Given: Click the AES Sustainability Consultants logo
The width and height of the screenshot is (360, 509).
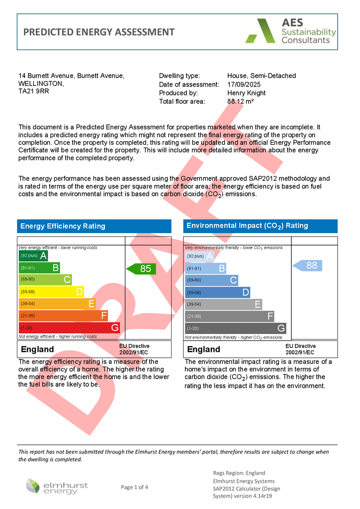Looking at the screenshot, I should [x=291, y=32].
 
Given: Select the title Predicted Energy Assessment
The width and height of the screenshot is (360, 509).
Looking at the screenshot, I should [x=99, y=32].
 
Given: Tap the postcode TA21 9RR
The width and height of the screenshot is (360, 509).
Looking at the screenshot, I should [x=34, y=91].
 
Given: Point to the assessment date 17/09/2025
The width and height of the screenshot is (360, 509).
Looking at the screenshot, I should [x=244, y=85].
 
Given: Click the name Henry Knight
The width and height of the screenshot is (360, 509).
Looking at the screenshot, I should [x=246, y=93].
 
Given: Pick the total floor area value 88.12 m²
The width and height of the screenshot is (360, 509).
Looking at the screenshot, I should [x=241, y=101].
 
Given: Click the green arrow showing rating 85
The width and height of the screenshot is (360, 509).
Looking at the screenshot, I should [x=141, y=269].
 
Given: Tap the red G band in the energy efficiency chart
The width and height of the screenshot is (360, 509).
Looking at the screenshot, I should [x=69, y=328].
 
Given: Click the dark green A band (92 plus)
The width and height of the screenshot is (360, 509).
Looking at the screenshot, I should [x=33, y=256].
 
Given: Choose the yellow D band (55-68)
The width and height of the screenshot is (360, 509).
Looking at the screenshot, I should [x=51, y=292].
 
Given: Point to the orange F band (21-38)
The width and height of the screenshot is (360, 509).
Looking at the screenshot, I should [x=63, y=316].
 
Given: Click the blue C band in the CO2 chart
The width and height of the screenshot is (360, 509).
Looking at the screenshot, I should [x=211, y=280].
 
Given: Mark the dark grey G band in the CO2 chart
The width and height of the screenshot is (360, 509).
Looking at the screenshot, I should [x=235, y=328].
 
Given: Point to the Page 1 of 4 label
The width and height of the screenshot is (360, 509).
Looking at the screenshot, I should [x=134, y=487].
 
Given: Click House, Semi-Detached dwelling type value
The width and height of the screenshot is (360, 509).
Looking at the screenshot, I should [x=262, y=76].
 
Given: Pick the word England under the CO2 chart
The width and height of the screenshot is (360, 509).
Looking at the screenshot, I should [x=203, y=349].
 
